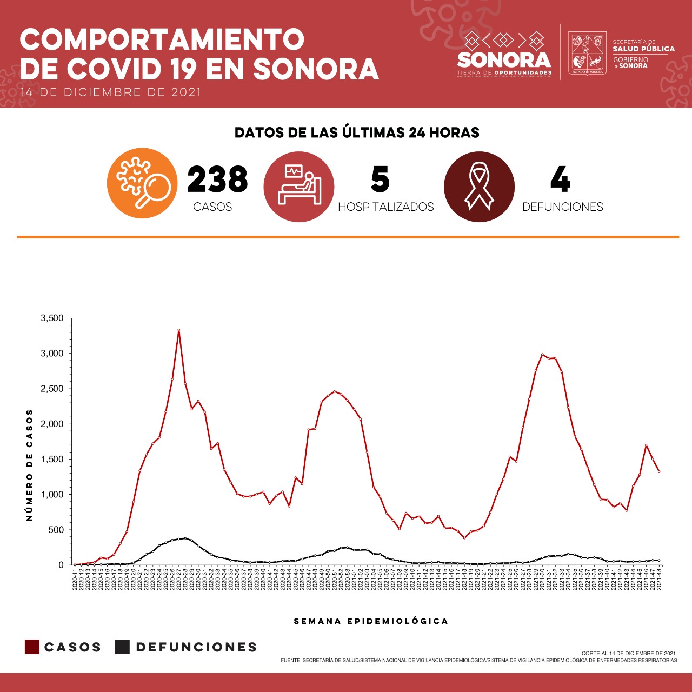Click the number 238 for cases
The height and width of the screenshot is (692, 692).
point(217,179)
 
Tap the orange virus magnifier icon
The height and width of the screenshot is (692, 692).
point(142,183)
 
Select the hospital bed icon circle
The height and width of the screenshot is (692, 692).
point(298,187)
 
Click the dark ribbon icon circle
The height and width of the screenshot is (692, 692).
point(479,187)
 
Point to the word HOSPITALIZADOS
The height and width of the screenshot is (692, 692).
point(385,207)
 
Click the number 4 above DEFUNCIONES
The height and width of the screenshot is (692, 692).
point(560,179)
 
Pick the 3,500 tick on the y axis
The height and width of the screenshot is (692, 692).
point(52,318)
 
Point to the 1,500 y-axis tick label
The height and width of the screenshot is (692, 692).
point(52,460)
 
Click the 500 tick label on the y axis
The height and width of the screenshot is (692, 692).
point(56,530)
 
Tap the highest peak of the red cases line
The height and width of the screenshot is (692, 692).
point(178,330)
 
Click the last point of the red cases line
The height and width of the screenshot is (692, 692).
point(659,471)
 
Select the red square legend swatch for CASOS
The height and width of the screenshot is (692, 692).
point(32,647)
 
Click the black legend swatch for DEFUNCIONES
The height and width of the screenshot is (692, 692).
point(122,647)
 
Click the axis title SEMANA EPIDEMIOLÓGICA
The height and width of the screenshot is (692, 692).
point(371,621)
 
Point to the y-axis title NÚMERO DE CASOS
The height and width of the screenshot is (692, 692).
point(30,465)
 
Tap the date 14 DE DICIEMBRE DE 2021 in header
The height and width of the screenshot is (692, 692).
point(111,92)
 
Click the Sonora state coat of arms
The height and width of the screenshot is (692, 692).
point(587,54)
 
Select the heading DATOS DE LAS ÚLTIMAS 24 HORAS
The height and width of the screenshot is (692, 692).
point(357,132)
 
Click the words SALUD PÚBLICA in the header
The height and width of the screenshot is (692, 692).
point(643,49)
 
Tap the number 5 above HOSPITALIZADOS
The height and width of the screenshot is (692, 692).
point(380,179)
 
